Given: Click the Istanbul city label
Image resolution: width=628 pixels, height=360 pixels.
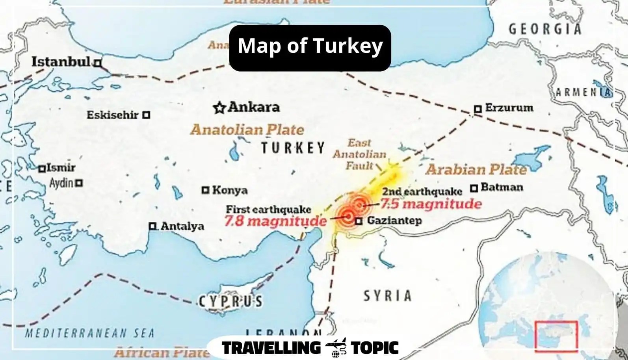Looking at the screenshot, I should point(61,62).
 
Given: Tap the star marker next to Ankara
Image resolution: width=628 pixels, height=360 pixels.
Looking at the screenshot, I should point(219,107).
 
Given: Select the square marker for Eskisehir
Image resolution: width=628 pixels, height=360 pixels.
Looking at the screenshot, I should point(146,115).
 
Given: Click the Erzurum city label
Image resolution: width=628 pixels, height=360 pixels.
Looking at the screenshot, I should point(509,108).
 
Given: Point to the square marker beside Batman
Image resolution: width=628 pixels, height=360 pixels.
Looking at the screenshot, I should point(474,188).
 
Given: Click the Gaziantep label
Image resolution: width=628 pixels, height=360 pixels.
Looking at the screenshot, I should point(394,221).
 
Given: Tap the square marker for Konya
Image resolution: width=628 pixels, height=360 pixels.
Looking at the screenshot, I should point(205,190).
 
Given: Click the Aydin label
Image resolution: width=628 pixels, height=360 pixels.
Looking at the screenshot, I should point(61,183).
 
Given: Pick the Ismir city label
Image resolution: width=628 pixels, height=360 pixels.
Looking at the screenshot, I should point(61,168).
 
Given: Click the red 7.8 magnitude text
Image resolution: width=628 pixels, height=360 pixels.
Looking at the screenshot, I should point(275,221).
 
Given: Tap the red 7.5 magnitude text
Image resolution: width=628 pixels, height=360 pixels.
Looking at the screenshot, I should point(431,204).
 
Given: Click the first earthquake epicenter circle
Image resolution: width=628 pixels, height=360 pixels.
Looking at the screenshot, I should point(347,215).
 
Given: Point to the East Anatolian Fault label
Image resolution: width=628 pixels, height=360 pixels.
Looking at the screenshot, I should point(359,154).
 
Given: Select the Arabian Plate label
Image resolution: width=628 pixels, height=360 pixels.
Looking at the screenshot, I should point(476,170).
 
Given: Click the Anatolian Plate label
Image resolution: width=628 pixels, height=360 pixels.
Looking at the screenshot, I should point(247,130).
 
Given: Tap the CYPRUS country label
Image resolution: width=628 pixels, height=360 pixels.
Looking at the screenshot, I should point(230,301).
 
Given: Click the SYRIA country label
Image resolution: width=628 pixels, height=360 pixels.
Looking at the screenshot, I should point(387,295).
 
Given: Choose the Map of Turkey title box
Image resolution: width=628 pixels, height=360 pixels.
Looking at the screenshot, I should point(310,48).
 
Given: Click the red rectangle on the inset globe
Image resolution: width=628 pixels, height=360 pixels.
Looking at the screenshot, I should point(556,335).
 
